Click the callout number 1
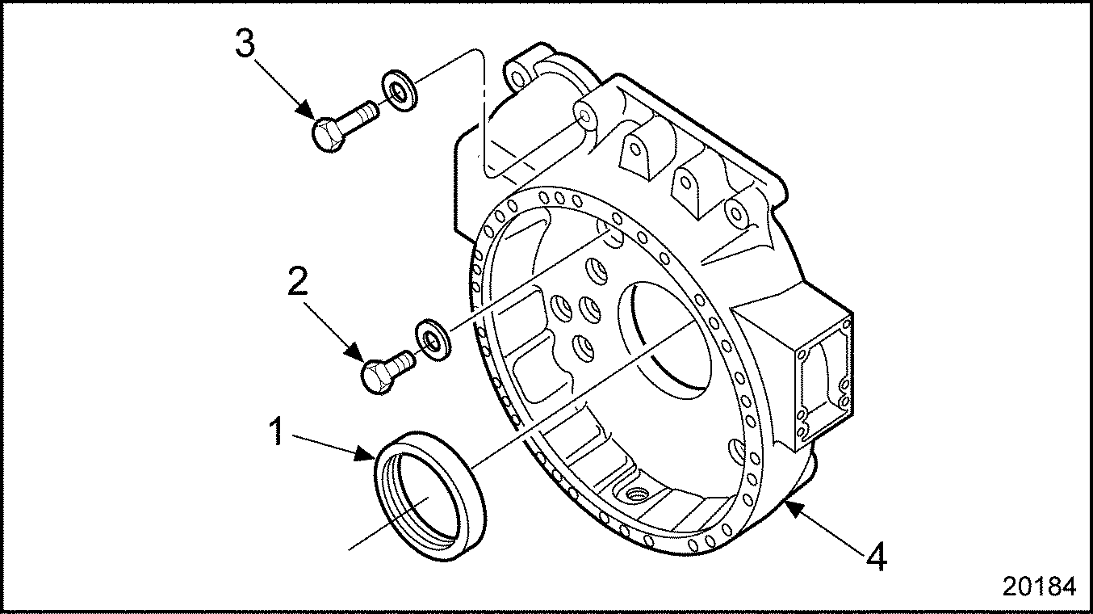277,431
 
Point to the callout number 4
877,557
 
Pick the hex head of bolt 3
327,134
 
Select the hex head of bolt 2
375,376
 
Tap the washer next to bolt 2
432,340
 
